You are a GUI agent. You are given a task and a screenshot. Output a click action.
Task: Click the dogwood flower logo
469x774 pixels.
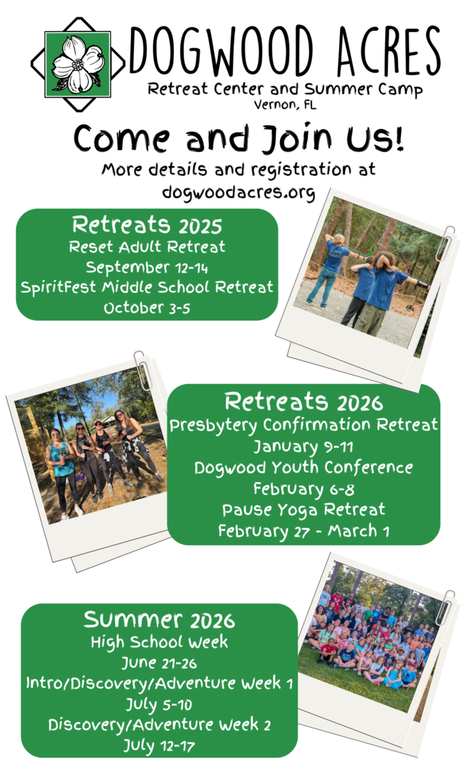[x=78, y=64]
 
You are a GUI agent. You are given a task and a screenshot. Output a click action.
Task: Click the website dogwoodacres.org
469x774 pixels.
[x=238, y=192]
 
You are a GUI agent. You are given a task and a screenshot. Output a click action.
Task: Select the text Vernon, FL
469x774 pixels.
[x=285, y=105]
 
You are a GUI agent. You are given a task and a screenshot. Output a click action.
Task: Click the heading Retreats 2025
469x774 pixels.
[x=147, y=225]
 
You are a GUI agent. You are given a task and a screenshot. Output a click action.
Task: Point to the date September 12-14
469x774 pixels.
[x=147, y=267]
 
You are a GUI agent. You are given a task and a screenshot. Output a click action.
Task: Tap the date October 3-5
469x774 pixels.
[x=147, y=307]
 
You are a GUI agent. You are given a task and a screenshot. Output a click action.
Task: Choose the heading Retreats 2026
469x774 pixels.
[x=304, y=402]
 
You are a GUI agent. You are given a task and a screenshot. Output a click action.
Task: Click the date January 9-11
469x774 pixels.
[x=304, y=446]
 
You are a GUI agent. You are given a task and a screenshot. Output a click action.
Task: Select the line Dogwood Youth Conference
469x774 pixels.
[x=304, y=467]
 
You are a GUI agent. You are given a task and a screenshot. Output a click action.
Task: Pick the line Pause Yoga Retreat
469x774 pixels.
[x=304, y=510]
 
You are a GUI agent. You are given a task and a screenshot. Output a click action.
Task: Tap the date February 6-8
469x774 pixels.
[x=304, y=489]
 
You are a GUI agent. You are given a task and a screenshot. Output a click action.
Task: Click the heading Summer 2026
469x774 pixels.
[x=159, y=620]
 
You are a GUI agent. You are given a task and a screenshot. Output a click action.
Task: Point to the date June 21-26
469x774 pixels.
[x=159, y=662]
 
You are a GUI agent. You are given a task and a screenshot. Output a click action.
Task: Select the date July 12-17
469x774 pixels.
[x=159, y=745]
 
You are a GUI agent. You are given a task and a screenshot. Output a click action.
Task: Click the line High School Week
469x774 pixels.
[x=159, y=641]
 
